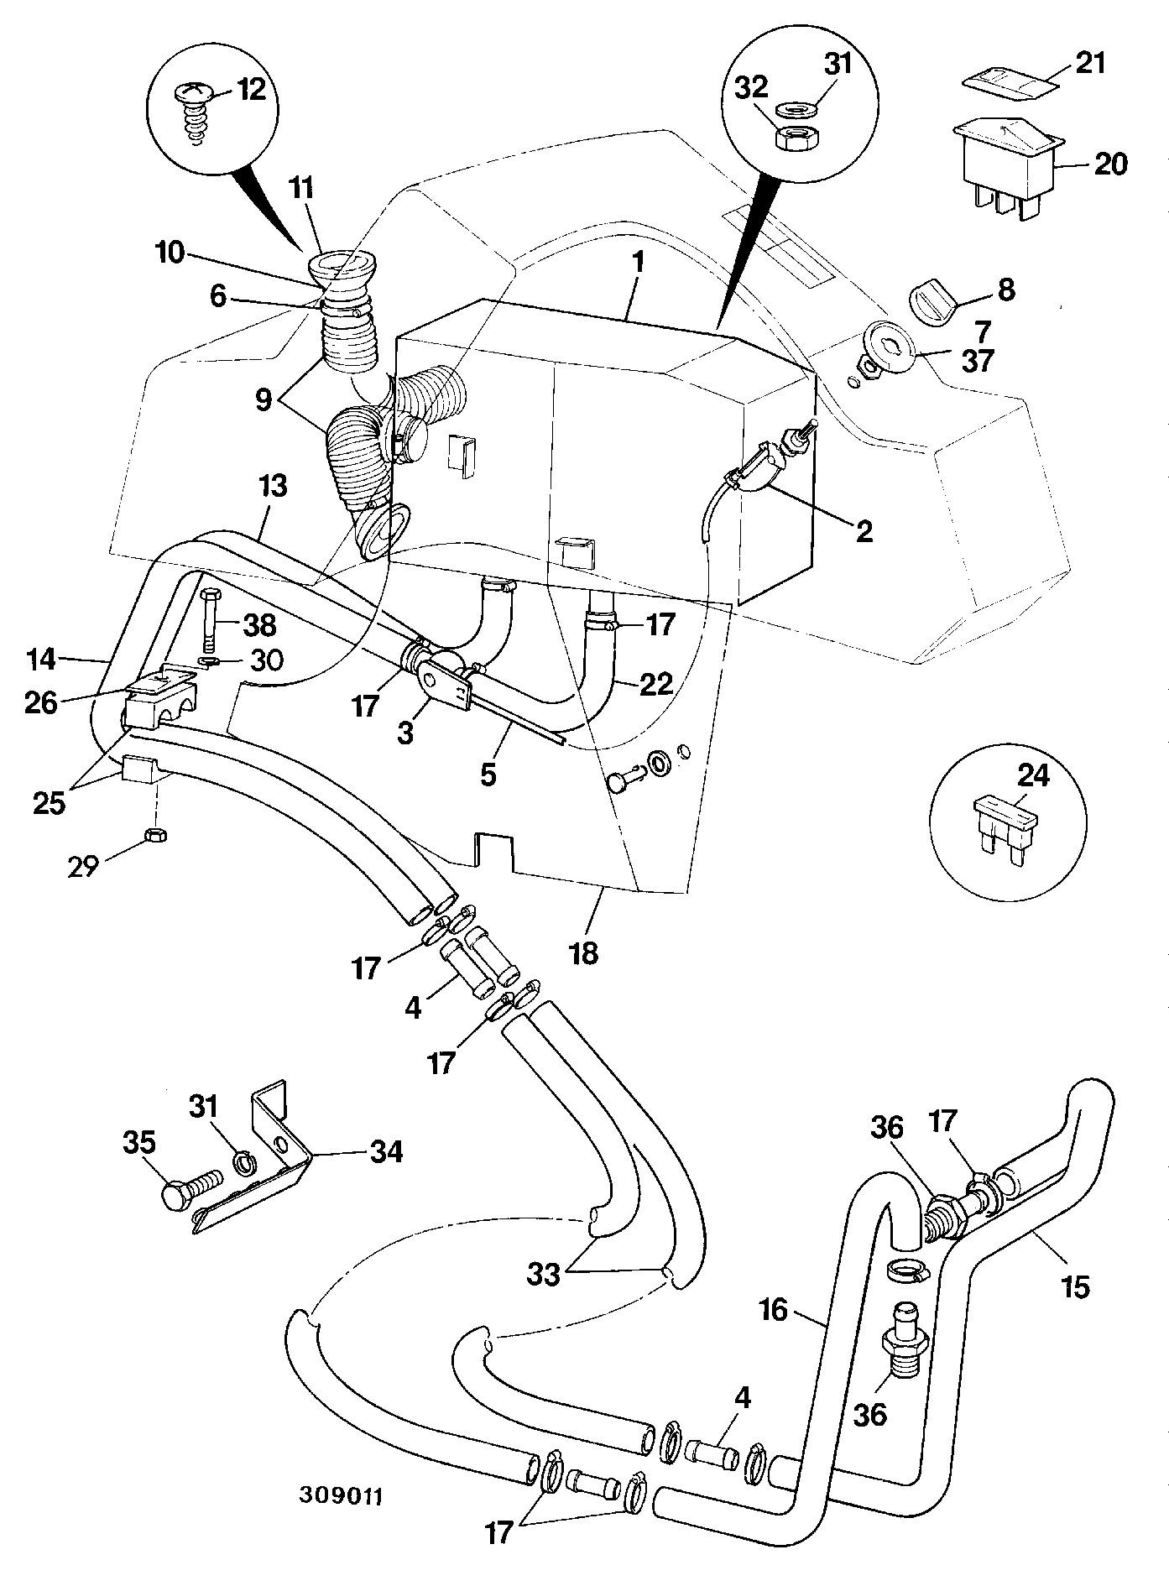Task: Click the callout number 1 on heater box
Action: (x=639, y=262)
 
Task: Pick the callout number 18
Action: (x=584, y=952)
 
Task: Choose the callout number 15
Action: (x=1075, y=1286)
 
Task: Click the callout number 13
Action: (x=273, y=486)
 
